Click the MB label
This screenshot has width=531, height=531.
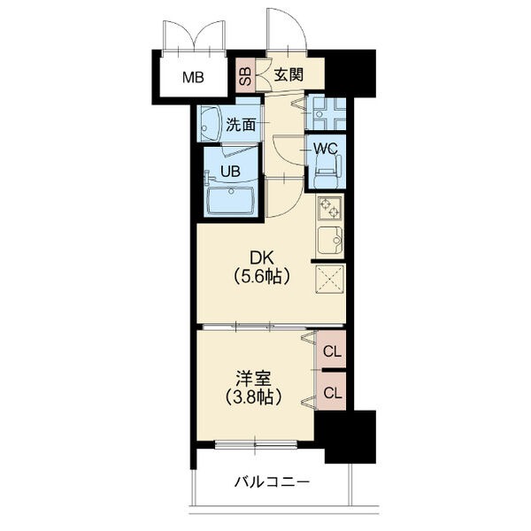coord(193,77)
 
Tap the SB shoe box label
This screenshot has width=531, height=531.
coord(245,76)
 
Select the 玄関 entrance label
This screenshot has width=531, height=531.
coord(289,75)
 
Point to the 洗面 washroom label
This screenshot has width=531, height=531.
coord(241,125)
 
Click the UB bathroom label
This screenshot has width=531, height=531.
coord(230,172)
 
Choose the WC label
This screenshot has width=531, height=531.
coord(325,149)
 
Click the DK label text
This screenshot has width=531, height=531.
coord(261,258)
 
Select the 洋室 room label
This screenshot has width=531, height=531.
coord(254,380)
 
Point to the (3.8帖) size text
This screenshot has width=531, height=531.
coord(253,397)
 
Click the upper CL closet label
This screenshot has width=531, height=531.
coord(332,352)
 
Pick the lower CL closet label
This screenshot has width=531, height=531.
coord(333,393)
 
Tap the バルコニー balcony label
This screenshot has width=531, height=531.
coord(273,482)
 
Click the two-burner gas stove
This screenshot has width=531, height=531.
coord(330,207)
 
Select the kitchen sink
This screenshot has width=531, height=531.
coord(330,240)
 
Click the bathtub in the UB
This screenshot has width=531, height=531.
coord(231,200)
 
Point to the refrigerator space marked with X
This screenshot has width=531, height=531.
coord(330,279)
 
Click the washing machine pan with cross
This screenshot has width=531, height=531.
coord(326,113)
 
